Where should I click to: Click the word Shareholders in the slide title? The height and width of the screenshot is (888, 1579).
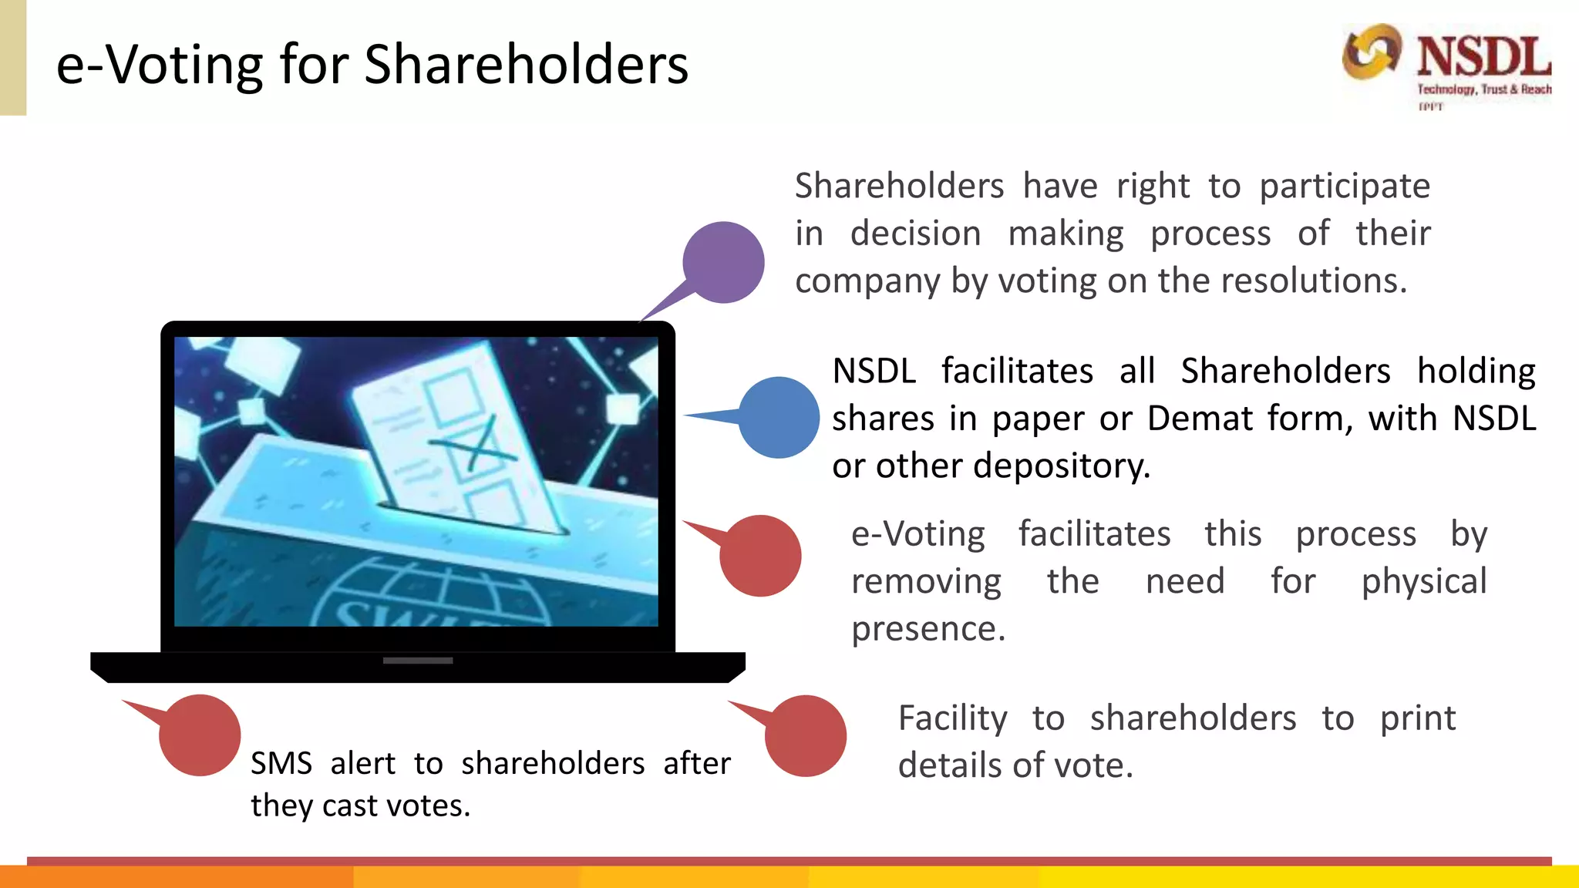(526, 65)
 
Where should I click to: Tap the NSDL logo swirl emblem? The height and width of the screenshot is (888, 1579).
(1371, 52)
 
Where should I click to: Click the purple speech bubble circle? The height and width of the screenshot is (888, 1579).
(723, 263)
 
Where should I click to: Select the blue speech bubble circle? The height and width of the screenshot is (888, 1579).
(779, 417)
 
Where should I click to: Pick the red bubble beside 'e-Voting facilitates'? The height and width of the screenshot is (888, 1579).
(760, 556)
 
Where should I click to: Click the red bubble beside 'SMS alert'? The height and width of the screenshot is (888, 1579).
(200, 735)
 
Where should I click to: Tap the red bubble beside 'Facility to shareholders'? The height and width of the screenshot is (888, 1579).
(806, 736)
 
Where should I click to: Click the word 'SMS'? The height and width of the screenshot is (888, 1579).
(281, 764)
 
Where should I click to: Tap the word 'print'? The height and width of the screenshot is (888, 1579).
(1417, 718)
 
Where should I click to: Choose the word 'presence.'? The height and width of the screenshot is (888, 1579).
(928, 629)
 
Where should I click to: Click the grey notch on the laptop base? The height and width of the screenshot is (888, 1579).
(418, 661)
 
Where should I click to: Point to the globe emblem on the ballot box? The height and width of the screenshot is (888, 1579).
(432, 597)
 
